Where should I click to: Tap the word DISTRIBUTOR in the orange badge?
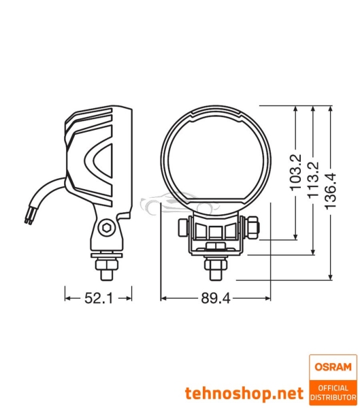[x=332, y=396]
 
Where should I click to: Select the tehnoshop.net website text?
[x=244, y=393]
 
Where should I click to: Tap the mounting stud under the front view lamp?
[x=215, y=267]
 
